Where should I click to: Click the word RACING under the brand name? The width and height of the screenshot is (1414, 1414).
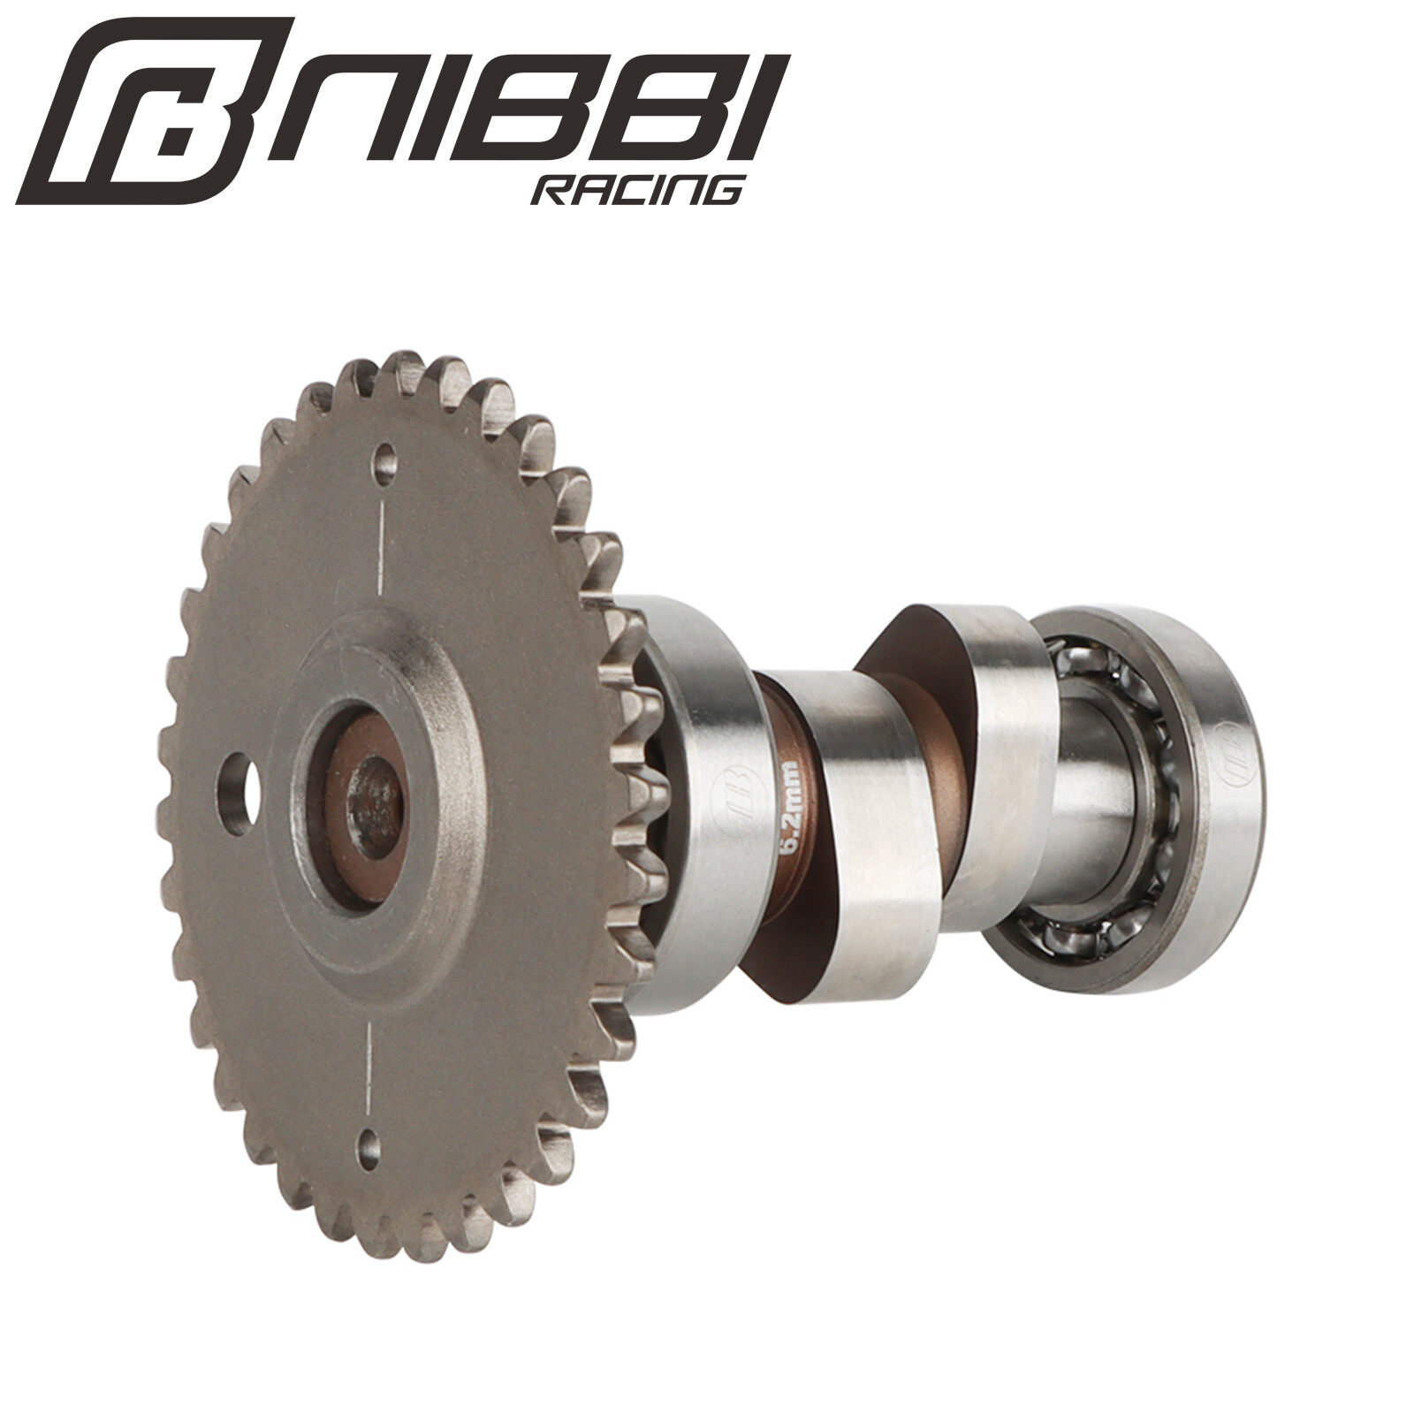tap(636, 189)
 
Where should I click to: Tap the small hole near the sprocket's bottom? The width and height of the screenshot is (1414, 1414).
tap(369, 1148)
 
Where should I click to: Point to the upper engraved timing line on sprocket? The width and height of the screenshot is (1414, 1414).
tap(381, 548)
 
